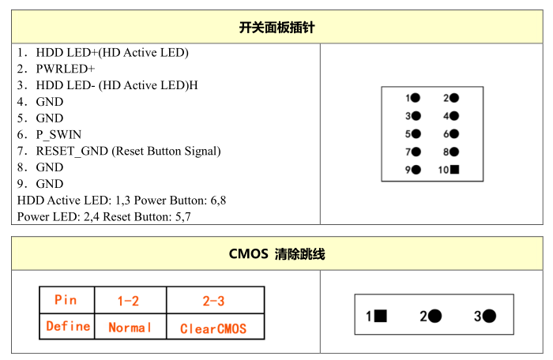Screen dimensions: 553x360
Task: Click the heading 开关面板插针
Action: tap(276, 27)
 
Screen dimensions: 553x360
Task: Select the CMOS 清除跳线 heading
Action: tap(276, 253)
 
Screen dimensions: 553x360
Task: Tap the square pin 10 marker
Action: tap(454, 170)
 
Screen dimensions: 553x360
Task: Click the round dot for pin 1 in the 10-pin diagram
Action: tap(416, 98)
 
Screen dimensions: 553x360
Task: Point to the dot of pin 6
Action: tap(454, 133)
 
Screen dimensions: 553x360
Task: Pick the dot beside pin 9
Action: tap(416, 170)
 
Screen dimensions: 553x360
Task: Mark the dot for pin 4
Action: tap(454, 115)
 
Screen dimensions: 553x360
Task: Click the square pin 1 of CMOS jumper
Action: tap(381, 316)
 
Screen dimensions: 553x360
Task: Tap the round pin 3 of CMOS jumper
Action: tap(489, 316)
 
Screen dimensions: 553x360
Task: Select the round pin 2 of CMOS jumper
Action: tap(434, 316)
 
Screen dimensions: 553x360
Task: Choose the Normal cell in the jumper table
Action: tap(130, 327)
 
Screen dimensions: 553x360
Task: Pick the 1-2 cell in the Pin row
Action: tap(130, 300)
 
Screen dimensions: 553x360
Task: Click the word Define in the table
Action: tap(68, 326)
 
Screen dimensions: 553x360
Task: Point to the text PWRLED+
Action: tap(66, 69)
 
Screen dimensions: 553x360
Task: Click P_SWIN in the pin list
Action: tap(59, 135)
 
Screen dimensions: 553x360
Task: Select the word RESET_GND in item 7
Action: tap(72, 151)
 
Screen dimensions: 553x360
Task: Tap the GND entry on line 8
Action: tap(50, 167)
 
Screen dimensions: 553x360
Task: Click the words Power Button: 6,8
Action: tap(180, 201)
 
